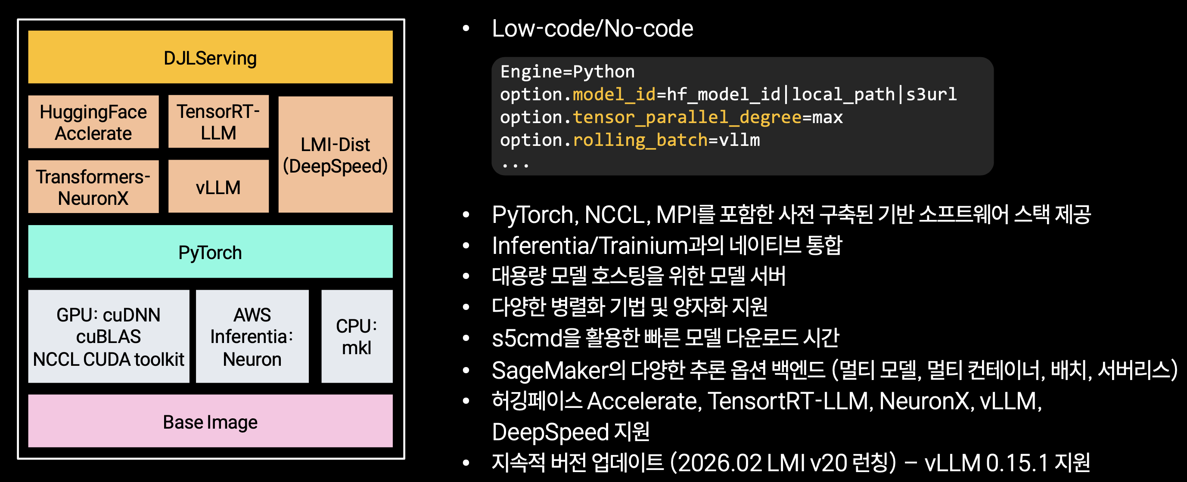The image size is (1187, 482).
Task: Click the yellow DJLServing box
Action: click(210, 57)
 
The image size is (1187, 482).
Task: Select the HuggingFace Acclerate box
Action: click(93, 122)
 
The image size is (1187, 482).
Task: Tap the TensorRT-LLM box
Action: click(218, 121)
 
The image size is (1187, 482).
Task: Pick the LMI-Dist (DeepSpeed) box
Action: click(336, 154)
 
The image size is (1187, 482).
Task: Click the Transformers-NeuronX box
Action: click(93, 187)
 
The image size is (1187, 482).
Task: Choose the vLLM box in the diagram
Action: click(218, 186)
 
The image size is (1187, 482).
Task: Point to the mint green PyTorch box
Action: click(210, 252)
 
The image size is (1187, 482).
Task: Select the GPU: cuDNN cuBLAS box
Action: click(109, 337)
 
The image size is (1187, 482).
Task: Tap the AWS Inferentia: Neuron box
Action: click(252, 337)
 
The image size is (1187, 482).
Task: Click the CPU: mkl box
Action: click(357, 337)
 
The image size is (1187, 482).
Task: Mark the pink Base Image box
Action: click(210, 421)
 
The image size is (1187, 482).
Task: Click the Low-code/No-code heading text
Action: click(593, 28)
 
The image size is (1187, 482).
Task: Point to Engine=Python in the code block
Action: click(568, 72)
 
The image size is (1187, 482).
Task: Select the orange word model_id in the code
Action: click(614, 95)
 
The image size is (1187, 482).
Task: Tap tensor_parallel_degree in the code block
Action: click(687, 117)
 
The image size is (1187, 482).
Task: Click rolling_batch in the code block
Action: click(640, 140)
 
